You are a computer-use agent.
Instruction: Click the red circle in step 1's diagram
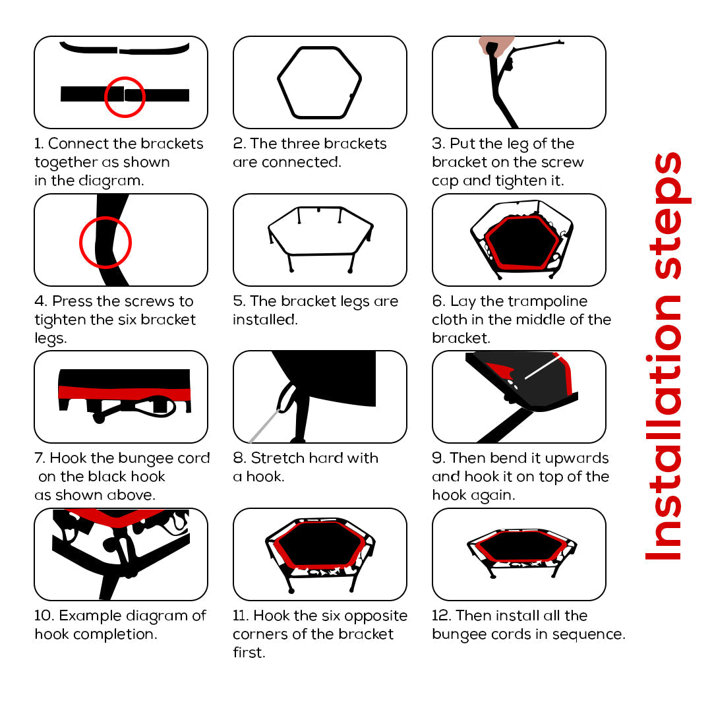pos(105,97)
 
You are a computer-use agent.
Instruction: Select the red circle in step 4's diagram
pos(80,243)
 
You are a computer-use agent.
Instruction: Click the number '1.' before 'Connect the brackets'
pos(39,144)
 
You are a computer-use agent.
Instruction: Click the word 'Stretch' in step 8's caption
pos(278,458)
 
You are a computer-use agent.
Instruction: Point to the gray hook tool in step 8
pos(264,425)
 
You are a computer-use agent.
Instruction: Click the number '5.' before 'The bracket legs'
pos(239,301)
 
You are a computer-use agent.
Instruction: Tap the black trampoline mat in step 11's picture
pos(320,543)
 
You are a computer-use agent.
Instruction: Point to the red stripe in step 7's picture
pos(124,393)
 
